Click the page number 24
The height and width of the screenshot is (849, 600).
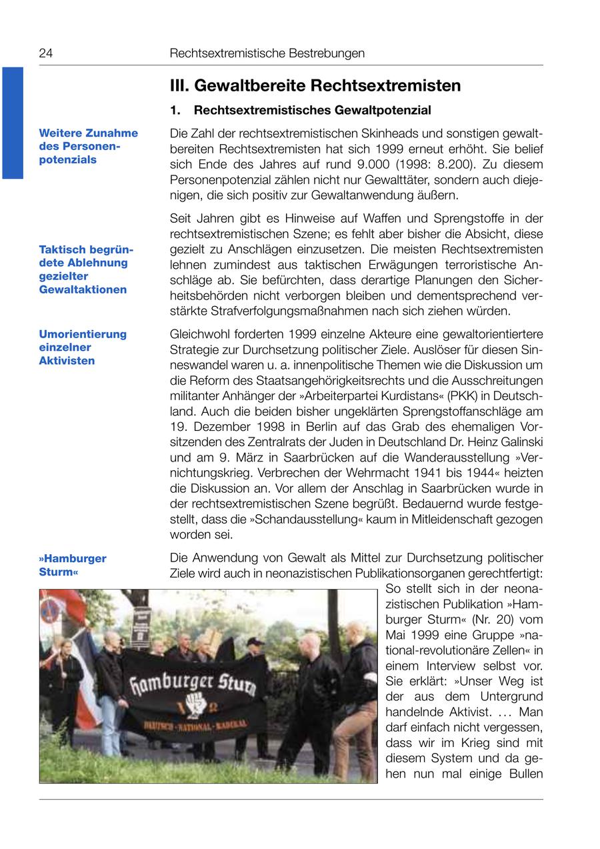[46, 53]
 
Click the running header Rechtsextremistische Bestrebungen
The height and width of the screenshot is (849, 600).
[267, 53]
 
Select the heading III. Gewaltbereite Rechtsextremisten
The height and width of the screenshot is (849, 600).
[315, 86]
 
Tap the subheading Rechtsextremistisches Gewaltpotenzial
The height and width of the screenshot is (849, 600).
[312, 110]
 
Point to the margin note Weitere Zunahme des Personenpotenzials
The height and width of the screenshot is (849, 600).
[89, 146]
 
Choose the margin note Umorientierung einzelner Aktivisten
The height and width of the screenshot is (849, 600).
[83, 347]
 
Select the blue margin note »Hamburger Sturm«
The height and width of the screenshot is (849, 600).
[73, 565]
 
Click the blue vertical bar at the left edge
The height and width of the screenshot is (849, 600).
[12, 123]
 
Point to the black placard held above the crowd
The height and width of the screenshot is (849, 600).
[141, 626]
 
